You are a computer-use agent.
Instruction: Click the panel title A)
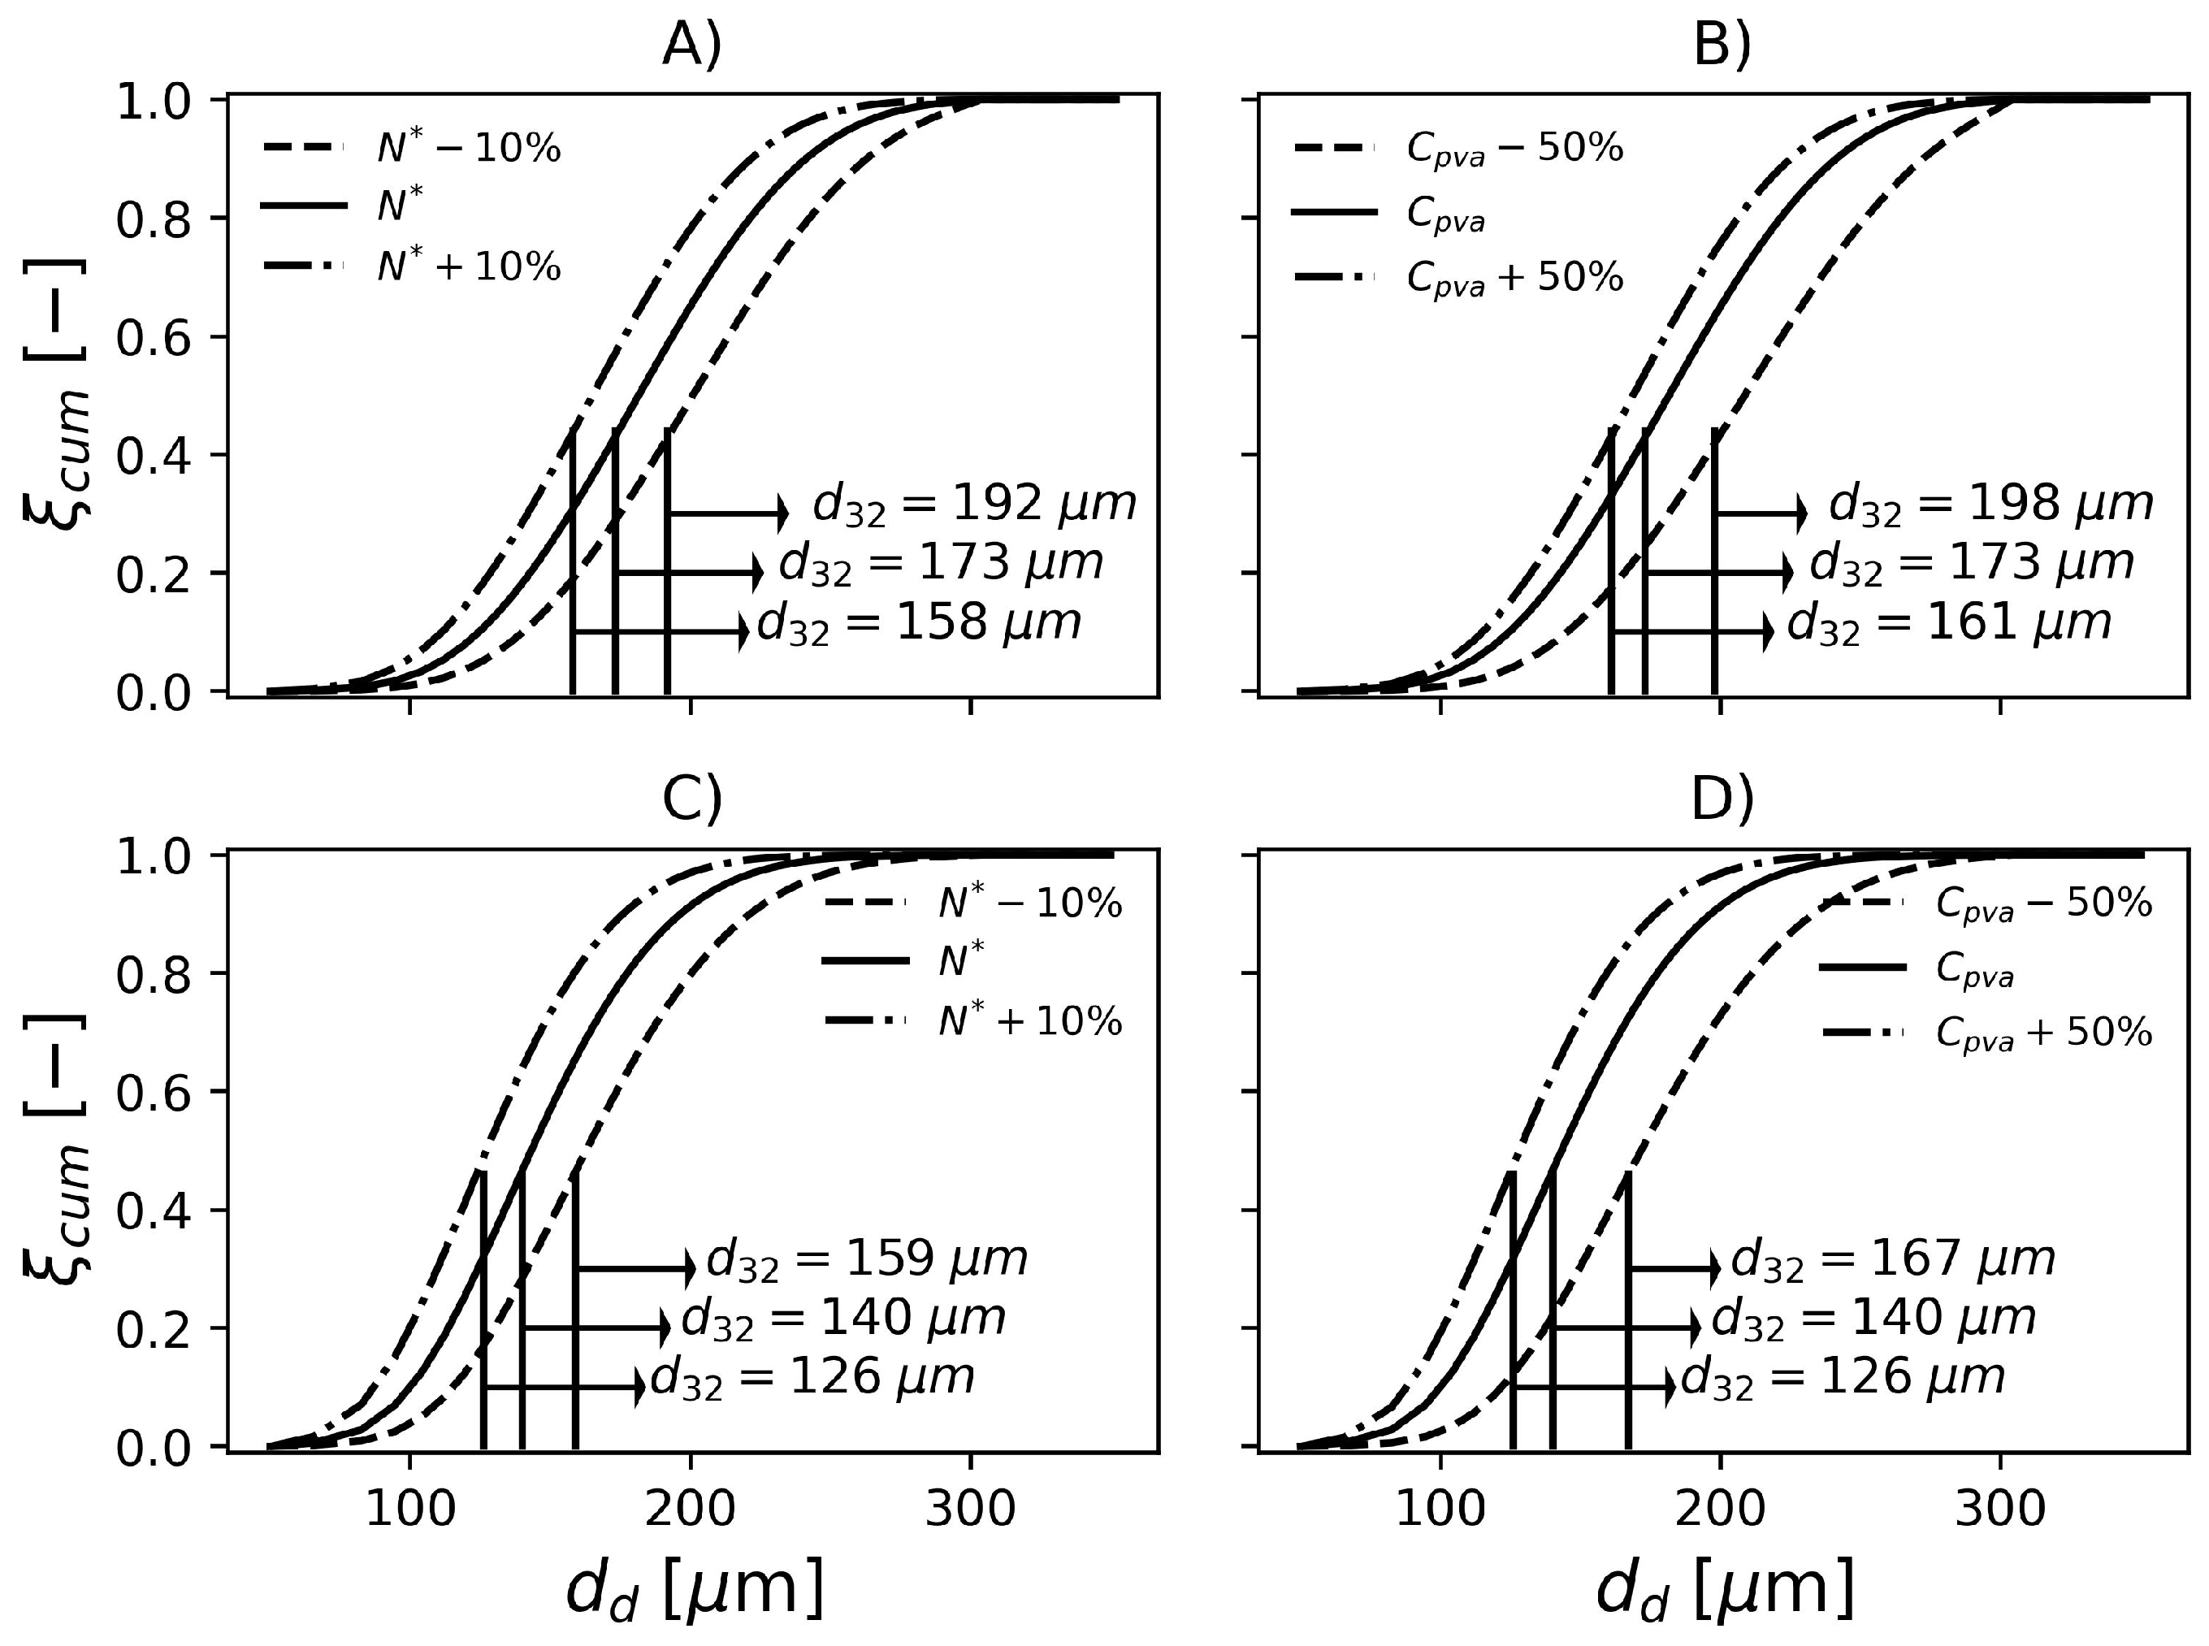click(x=691, y=45)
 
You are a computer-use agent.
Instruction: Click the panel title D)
click(x=1721, y=801)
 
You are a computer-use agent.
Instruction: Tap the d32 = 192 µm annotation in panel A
click(x=973, y=505)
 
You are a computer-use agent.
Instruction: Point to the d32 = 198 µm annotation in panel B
click(x=1990, y=505)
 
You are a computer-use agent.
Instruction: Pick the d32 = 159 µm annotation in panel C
click(x=866, y=1259)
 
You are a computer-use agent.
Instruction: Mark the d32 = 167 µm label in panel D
click(x=1892, y=1259)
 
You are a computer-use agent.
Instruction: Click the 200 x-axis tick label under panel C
click(x=691, y=1510)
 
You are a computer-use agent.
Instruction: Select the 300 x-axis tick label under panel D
click(x=2001, y=1510)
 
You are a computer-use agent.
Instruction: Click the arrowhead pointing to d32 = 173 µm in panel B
click(x=1787, y=572)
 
